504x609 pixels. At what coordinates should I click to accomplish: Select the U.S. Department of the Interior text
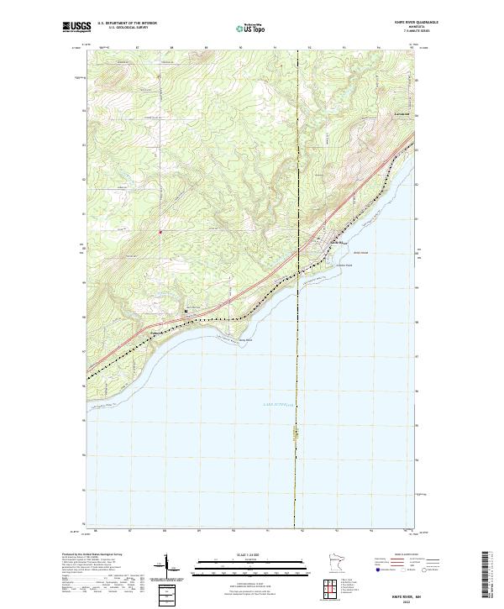pyautogui.click(x=127, y=24)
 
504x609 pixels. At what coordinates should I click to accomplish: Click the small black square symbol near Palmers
pyautogui.click(x=186, y=311)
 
